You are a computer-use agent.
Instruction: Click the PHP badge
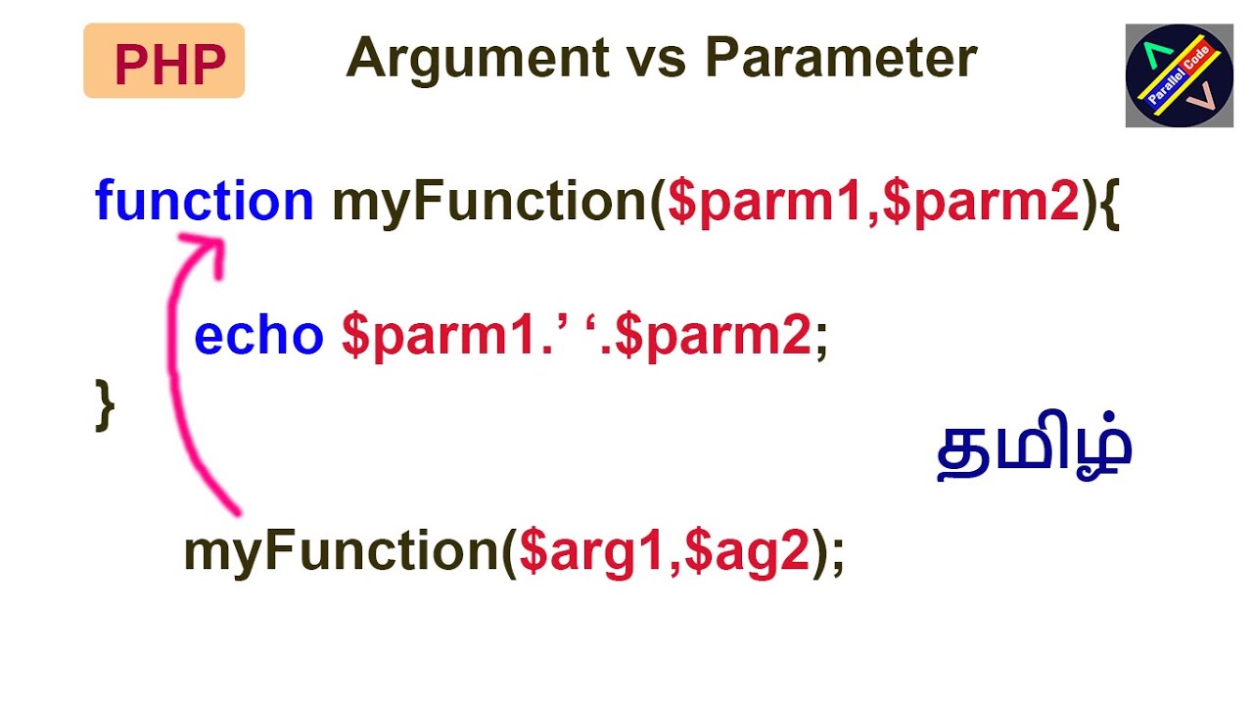pyautogui.click(x=164, y=61)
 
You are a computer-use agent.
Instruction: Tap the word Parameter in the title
pyautogui.click(x=841, y=59)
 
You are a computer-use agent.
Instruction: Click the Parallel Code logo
pyautogui.click(x=1179, y=76)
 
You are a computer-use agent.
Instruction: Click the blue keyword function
pyautogui.click(x=204, y=201)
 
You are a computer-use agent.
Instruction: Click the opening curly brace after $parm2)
pyautogui.click(x=1109, y=203)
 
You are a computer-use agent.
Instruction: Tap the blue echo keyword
pyautogui.click(x=258, y=336)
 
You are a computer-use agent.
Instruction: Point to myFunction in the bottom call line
pyautogui.click(x=343, y=551)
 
